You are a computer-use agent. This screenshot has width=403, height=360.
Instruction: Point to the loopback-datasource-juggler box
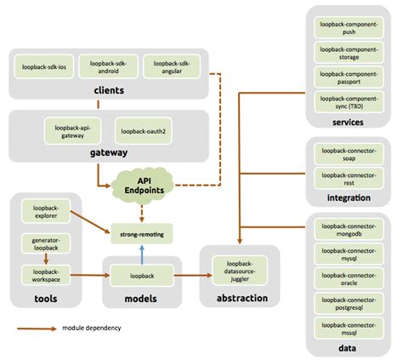(235, 270)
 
